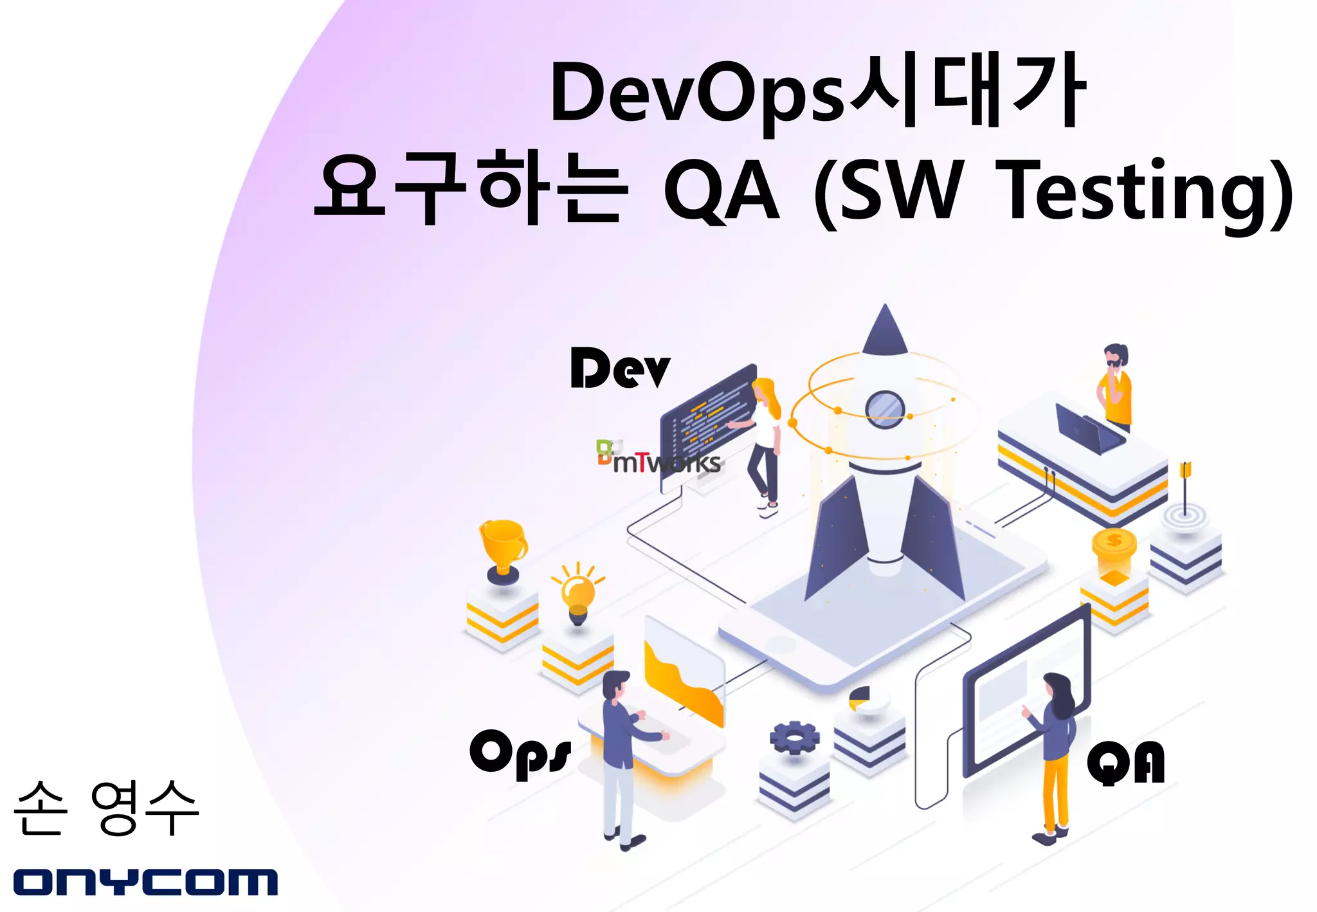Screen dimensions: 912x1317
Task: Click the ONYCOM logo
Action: [x=145, y=881]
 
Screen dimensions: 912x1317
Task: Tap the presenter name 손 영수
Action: [x=106, y=808]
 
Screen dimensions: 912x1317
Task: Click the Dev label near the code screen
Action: [x=620, y=368]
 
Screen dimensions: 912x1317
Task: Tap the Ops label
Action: [x=520, y=752]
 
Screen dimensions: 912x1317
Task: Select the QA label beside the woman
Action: [x=1125, y=763]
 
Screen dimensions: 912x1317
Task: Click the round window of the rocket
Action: [x=885, y=408]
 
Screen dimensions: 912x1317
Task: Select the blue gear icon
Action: [x=795, y=738]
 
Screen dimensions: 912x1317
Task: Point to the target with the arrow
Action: [x=1185, y=508]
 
